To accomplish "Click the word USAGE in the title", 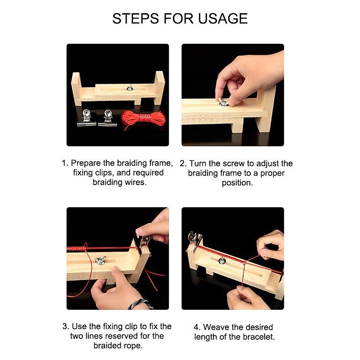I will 223,19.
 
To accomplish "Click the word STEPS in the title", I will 136,19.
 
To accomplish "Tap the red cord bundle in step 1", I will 143,119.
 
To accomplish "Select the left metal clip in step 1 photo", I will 86,118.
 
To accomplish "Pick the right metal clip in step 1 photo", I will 108,118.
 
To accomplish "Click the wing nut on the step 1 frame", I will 130,88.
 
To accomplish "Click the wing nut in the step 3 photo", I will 100,260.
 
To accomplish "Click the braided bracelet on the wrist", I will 140,304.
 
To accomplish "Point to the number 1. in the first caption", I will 65,163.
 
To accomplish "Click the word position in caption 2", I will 237,183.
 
